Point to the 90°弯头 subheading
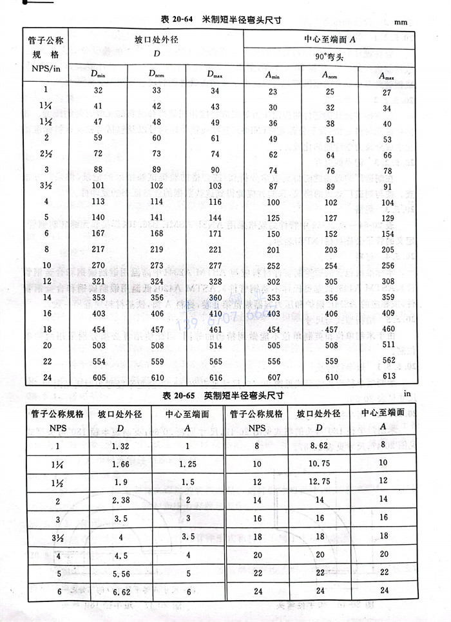(x=330, y=57)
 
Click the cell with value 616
(x=215, y=378)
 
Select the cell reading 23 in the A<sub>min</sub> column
(x=273, y=91)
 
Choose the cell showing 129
(x=387, y=218)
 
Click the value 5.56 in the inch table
(x=120, y=571)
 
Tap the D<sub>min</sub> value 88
(x=98, y=170)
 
